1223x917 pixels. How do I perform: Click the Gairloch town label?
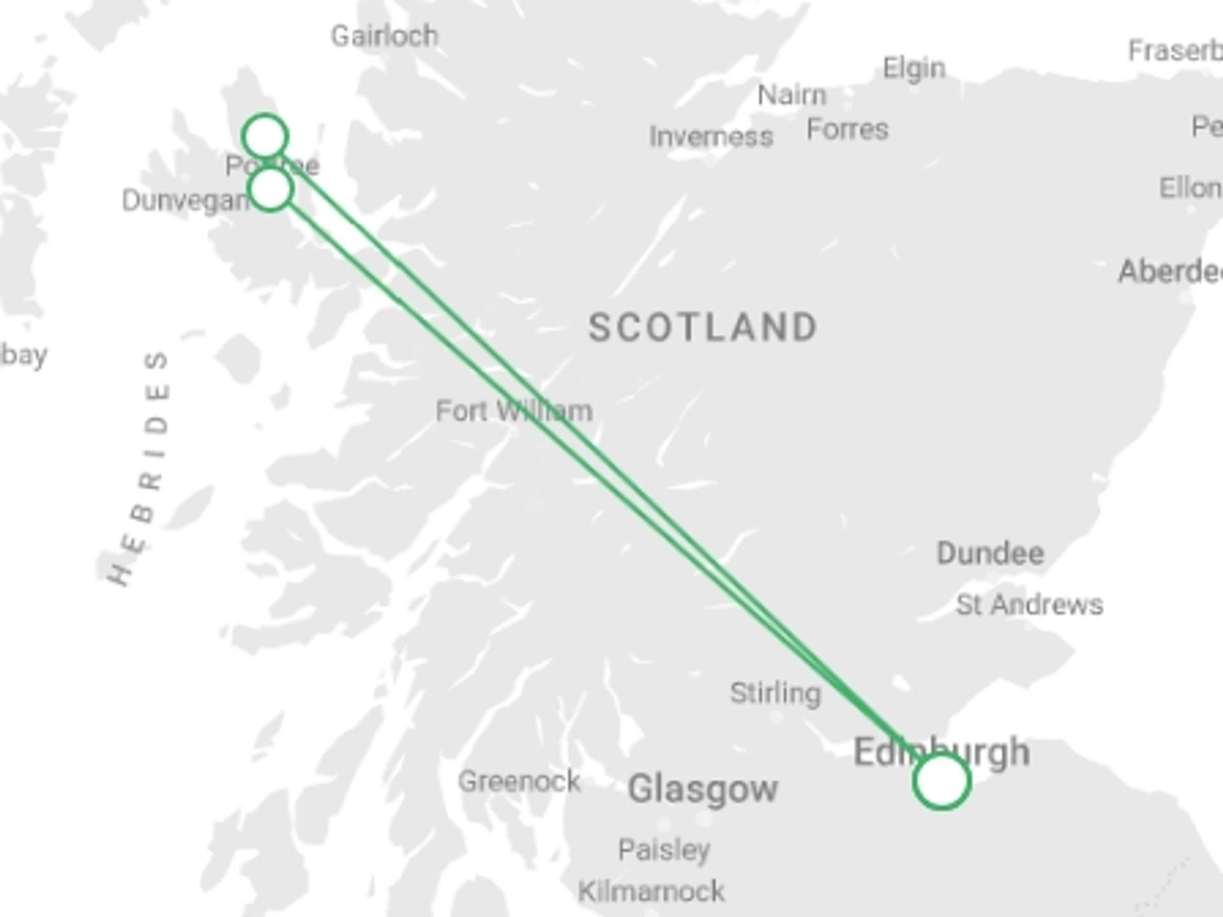[385, 36]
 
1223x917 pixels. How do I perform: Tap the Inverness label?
[711, 137]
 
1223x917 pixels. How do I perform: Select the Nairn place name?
[792, 96]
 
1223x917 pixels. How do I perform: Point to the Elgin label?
[914, 68]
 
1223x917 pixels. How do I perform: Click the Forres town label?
[847, 130]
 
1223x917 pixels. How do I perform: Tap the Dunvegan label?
[185, 201]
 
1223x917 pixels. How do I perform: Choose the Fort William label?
[513, 411]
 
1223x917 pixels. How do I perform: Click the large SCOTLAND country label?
[703, 328]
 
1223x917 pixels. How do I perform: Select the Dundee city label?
[990, 553]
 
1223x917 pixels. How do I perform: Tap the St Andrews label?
[1029, 605]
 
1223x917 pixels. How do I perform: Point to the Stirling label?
[775, 693]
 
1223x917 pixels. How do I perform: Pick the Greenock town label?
[519, 781]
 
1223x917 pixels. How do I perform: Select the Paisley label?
[664, 849]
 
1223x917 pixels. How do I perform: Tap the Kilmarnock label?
[651, 892]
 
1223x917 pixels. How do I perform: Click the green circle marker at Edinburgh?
[941, 781]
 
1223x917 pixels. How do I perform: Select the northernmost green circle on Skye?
[265, 136]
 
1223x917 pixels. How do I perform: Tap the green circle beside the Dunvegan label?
[271, 189]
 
